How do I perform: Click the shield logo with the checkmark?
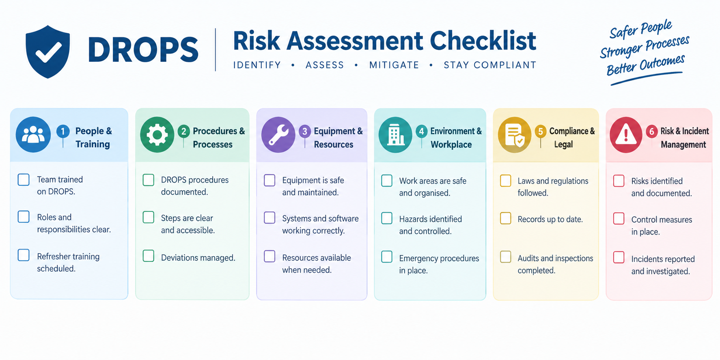[47, 52]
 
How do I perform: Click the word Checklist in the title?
[483, 41]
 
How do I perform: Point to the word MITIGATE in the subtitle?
[394, 65]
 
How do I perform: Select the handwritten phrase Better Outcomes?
[645, 65]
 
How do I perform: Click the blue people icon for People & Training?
[33, 134]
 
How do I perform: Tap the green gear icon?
[157, 134]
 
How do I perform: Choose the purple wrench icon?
[278, 134]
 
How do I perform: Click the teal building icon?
[395, 135]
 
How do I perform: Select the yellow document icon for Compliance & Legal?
[515, 135]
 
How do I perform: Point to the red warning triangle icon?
[626, 135]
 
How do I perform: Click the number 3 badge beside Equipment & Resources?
[305, 131]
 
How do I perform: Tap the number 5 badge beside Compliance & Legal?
[541, 131]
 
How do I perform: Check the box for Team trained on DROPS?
[24, 179]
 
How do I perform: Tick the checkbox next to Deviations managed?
[149, 256]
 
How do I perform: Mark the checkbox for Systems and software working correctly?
[270, 218]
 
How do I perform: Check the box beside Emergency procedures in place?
[387, 257]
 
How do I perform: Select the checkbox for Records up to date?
[506, 218]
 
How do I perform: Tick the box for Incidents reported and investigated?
[619, 257]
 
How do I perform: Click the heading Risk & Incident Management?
[684, 138]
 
